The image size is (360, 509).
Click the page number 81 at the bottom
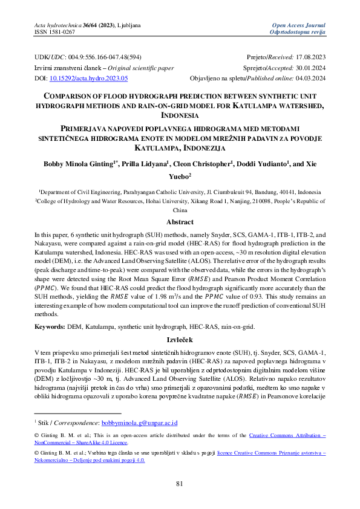point(180,482)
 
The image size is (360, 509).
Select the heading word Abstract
point(180,222)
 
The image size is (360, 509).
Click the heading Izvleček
point(180,340)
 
